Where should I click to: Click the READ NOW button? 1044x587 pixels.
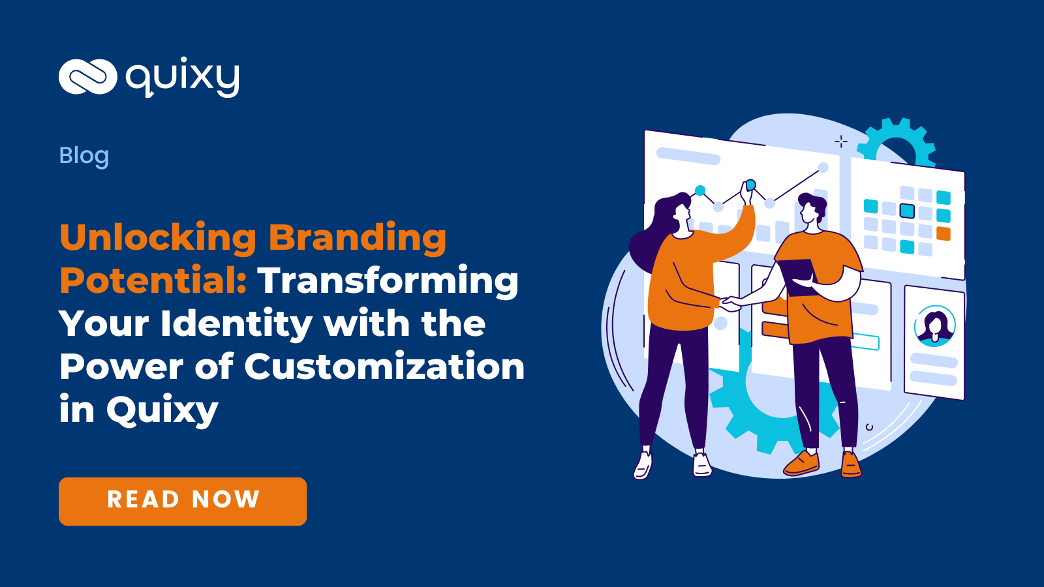coord(183,501)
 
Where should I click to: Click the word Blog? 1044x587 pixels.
coord(84,156)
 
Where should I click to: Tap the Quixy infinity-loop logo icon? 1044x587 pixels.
coord(87,77)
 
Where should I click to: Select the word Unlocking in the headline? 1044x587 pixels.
coord(158,237)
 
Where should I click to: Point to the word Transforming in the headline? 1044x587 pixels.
coord(388,281)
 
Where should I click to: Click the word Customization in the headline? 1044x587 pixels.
coord(384,367)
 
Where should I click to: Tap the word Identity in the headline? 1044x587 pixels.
coord(237,324)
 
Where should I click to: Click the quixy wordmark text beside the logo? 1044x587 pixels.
coord(183,78)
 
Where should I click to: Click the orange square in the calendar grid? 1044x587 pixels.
coord(943,233)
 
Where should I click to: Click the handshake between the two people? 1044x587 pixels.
coord(730,303)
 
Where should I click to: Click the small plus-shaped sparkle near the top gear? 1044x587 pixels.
coord(841,141)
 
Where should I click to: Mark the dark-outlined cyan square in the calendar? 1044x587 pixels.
coord(907,211)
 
